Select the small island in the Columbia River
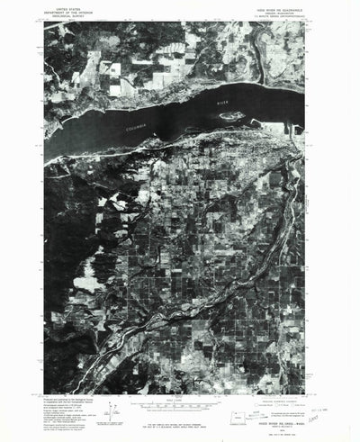click(230, 117)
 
